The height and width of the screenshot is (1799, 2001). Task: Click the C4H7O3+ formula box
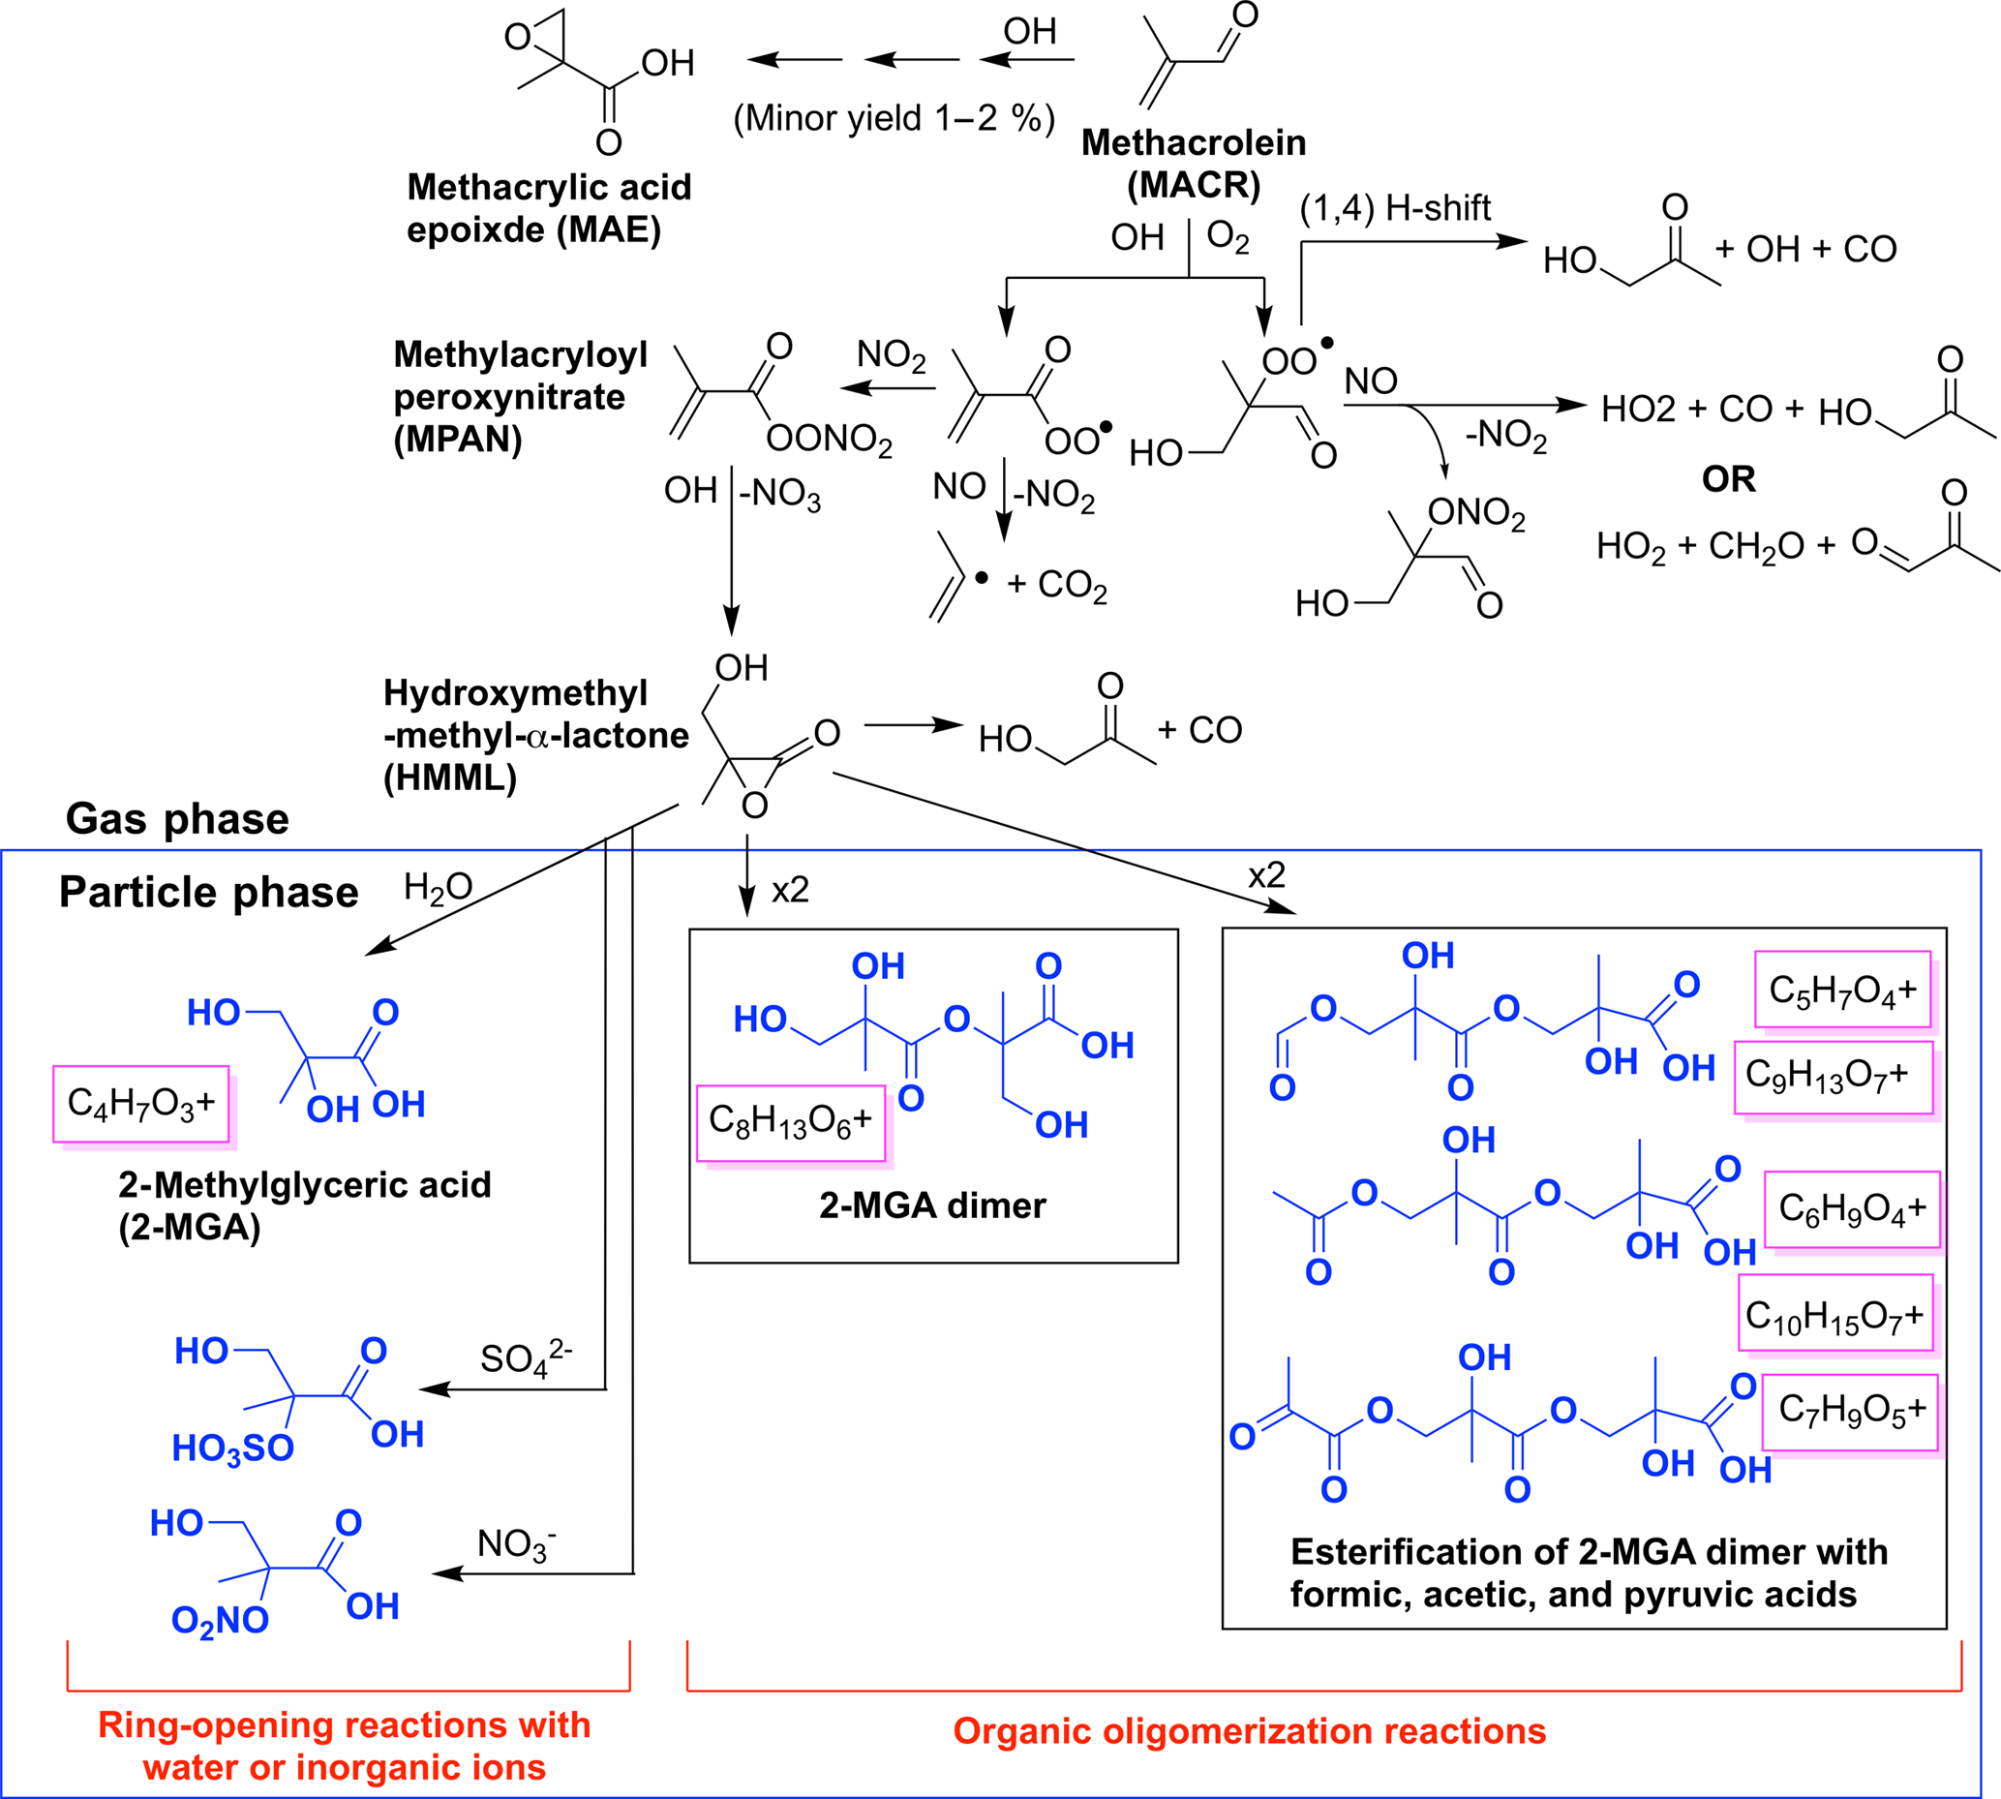point(141,1103)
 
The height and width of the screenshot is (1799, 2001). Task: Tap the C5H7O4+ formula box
point(1843,990)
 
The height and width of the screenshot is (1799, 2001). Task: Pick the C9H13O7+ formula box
point(1833,1077)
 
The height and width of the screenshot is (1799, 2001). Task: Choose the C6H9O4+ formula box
point(1852,1209)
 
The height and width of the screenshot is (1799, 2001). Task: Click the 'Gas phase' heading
point(178,819)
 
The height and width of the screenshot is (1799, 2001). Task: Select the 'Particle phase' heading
point(208,893)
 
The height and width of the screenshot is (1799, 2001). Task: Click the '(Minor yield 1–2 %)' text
point(894,119)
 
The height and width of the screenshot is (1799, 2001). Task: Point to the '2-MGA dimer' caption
point(932,1205)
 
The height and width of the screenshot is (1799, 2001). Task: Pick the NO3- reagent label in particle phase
point(516,1543)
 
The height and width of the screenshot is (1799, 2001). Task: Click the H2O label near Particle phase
point(438,888)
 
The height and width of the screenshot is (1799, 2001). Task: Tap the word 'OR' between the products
point(1728,479)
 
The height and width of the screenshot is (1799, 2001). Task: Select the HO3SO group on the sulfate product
point(233,1449)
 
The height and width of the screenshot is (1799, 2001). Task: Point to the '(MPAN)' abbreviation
point(458,439)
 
